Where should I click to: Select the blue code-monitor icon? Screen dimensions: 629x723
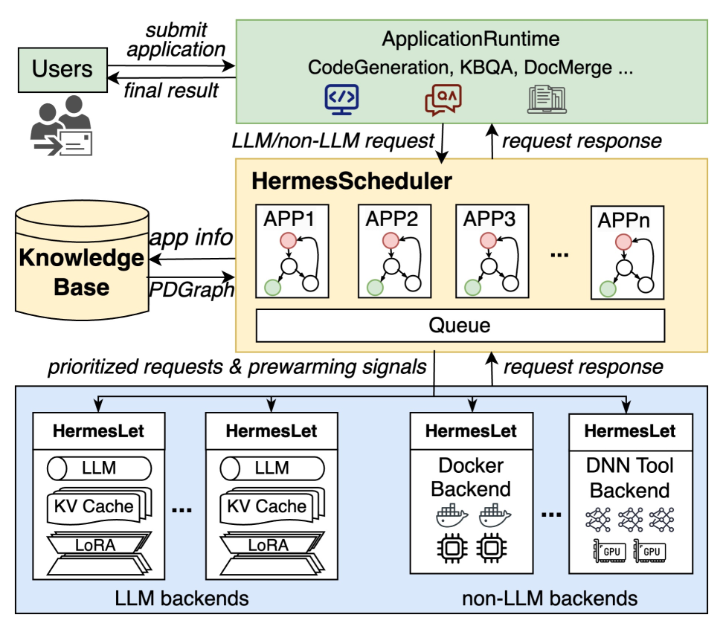coord(342,100)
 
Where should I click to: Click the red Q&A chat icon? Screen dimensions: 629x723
coord(443,100)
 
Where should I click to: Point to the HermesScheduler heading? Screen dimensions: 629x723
coord(352,181)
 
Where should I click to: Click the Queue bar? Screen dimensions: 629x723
coord(459,325)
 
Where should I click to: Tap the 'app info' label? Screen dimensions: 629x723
coord(191,238)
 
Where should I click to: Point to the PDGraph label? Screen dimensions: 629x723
coord(191,288)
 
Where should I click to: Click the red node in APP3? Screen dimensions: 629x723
coord(487,240)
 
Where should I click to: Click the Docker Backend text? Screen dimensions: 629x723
coord(471,477)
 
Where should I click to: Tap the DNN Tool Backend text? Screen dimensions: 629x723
coord(630,477)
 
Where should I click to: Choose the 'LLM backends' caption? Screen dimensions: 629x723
coord(181,598)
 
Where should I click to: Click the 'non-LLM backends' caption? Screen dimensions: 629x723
coord(550,598)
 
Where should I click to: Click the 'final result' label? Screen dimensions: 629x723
coord(171,90)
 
